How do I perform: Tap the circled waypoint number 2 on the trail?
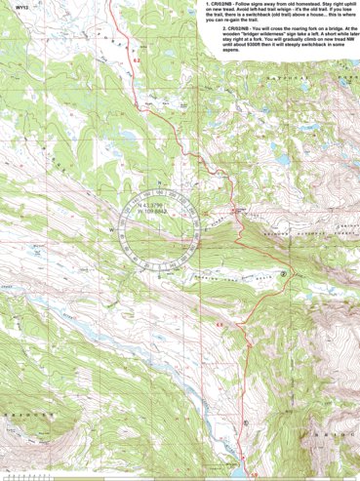click(x=284, y=275)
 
